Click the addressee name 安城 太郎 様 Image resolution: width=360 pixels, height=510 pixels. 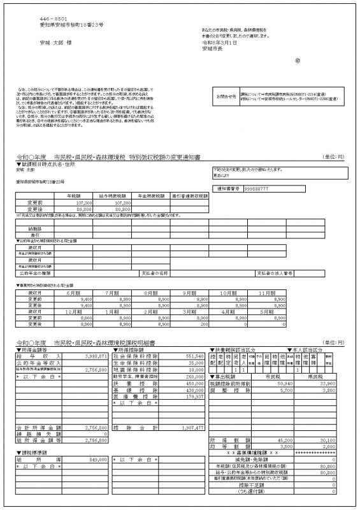[x=53, y=43]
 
